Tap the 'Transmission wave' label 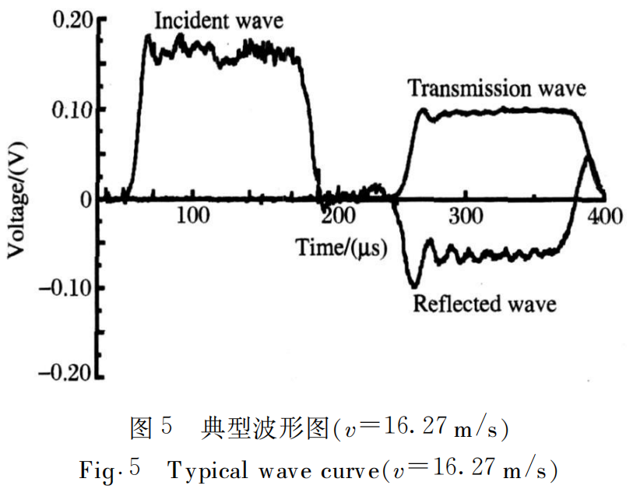tap(497, 88)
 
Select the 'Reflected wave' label tap(484, 302)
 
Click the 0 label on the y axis tap(84, 199)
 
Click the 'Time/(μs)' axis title tap(340, 248)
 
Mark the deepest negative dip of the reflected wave tap(413, 284)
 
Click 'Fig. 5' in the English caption tap(109, 470)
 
